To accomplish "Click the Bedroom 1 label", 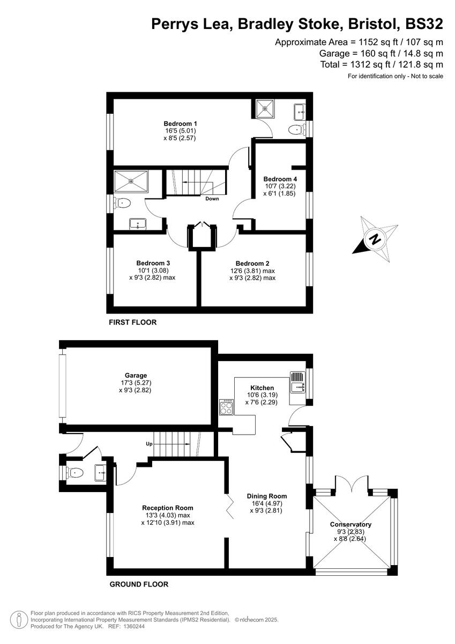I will (x=181, y=123).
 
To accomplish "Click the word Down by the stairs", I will (x=212, y=199).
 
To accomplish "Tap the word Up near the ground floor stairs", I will (x=150, y=444).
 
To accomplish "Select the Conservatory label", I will (x=350, y=524).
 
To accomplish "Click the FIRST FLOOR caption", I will (x=132, y=323).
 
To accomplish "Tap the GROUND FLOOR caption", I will (x=139, y=584).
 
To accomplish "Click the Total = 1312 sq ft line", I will (x=382, y=64).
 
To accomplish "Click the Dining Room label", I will (x=266, y=496).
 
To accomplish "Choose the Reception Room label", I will (x=167, y=507).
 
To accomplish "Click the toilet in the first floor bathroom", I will (x=123, y=203).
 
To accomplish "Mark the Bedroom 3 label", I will (x=153, y=263).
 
